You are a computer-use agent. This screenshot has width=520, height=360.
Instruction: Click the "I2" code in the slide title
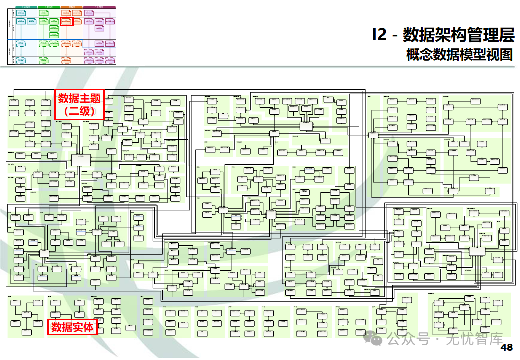coord(379,35)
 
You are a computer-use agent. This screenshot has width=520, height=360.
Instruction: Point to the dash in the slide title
coord(395,36)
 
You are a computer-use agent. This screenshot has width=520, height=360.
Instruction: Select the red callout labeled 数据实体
coord(72,327)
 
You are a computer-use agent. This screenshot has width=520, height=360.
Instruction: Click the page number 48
coord(506,348)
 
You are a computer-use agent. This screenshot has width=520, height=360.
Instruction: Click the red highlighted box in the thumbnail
coord(66,21)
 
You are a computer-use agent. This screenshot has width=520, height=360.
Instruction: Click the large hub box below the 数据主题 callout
coord(81,160)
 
